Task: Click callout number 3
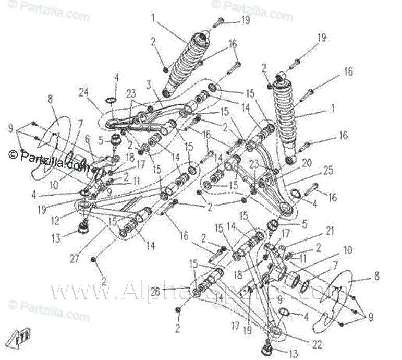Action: pyautogui.click(x=149, y=84)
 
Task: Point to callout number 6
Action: pyautogui.click(x=88, y=139)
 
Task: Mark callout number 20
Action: pyautogui.click(x=307, y=163)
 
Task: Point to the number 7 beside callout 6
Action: pyautogui.click(x=81, y=123)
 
